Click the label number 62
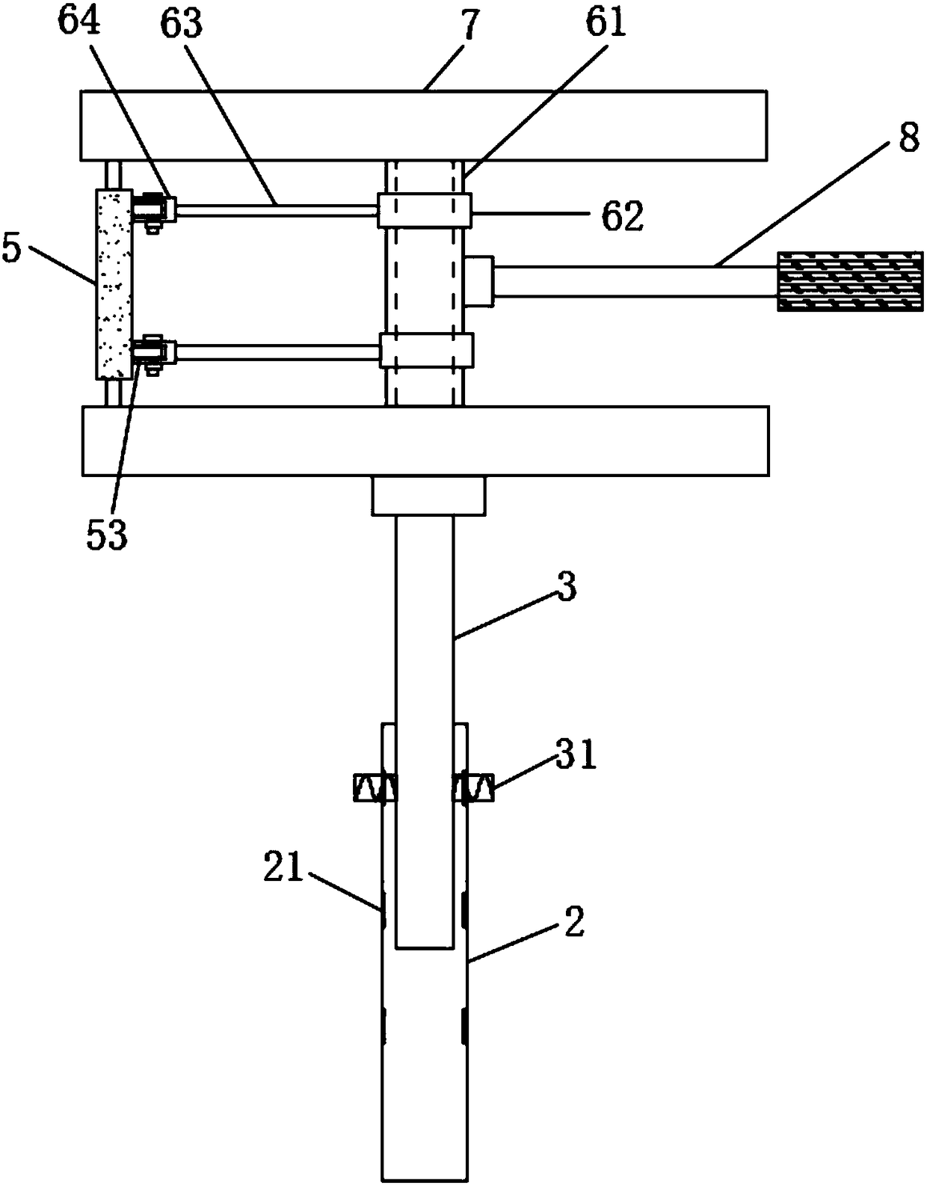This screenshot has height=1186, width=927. point(623,215)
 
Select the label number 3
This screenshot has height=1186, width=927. point(567,589)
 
